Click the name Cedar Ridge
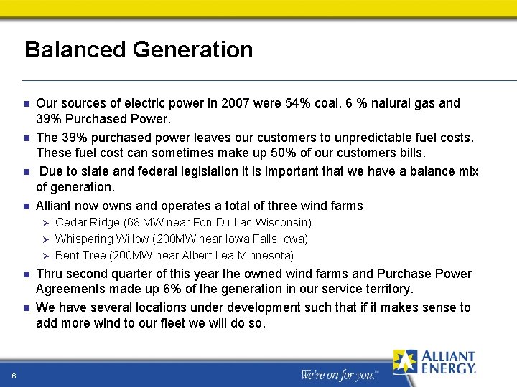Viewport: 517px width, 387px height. (87, 223)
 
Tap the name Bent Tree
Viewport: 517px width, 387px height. (80, 255)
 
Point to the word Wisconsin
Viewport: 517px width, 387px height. (281, 223)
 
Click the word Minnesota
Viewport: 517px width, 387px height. (263, 255)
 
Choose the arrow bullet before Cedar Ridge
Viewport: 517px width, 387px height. (43, 223)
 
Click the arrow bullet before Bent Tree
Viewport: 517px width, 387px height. (43, 256)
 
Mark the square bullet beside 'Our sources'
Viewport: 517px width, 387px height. (26, 104)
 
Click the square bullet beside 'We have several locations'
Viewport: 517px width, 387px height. (26, 308)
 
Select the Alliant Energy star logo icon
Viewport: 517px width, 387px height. (404, 362)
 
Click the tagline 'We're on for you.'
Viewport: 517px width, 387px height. (338, 375)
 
